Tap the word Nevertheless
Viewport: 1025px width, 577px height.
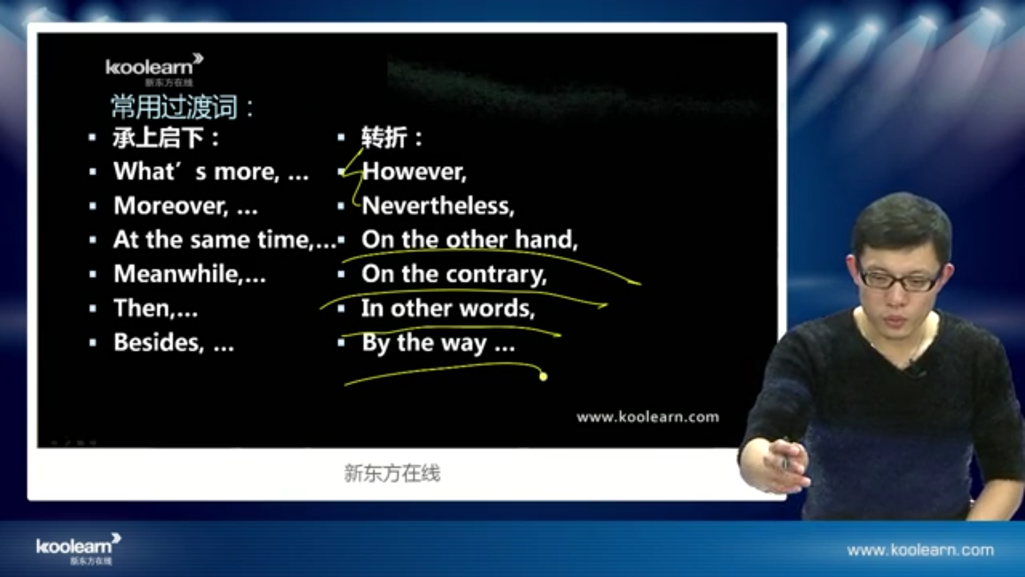tap(438, 206)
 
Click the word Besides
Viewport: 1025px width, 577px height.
tap(159, 342)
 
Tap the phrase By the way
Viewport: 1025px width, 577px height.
tap(424, 343)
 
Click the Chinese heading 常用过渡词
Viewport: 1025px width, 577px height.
tap(174, 107)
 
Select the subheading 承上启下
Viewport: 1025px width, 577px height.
tap(158, 138)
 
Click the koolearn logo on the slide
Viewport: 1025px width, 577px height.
tap(154, 69)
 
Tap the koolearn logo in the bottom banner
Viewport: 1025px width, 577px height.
tap(78, 549)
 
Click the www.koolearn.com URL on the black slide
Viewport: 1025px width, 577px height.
tap(648, 417)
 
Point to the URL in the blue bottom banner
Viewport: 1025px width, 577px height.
tap(920, 550)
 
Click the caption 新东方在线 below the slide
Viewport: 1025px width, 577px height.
tap(392, 473)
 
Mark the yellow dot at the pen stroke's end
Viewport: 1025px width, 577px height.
tap(543, 377)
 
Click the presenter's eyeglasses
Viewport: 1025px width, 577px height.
tap(901, 278)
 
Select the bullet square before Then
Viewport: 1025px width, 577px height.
tap(93, 309)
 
